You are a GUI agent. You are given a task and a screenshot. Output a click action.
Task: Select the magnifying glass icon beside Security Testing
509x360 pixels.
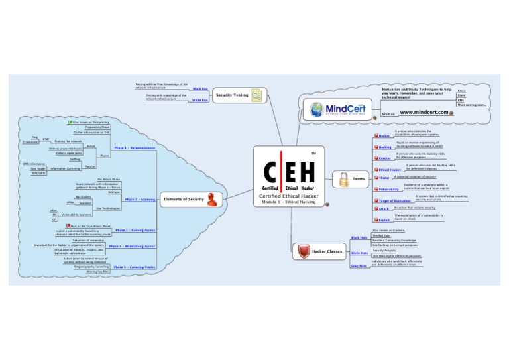point(256,95)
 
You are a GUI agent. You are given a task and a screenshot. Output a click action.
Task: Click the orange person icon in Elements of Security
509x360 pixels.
point(211,198)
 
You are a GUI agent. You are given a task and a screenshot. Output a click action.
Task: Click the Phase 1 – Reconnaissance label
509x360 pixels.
point(135,148)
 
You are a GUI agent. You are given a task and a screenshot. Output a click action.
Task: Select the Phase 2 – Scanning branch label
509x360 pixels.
point(140,199)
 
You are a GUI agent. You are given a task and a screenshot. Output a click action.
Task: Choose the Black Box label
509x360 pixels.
point(200,88)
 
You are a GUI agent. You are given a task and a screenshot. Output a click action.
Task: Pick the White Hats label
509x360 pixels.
point(360,253)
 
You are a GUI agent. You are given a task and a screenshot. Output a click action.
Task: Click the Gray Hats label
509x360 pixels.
point(359,265)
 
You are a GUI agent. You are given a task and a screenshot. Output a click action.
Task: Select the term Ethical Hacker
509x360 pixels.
point(390,170)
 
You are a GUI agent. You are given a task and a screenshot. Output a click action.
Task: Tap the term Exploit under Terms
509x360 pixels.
point(384,219)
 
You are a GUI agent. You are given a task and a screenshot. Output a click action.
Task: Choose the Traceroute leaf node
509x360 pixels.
point(30,141)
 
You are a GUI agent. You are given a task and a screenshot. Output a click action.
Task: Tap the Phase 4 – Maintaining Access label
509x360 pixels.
point(133,246)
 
